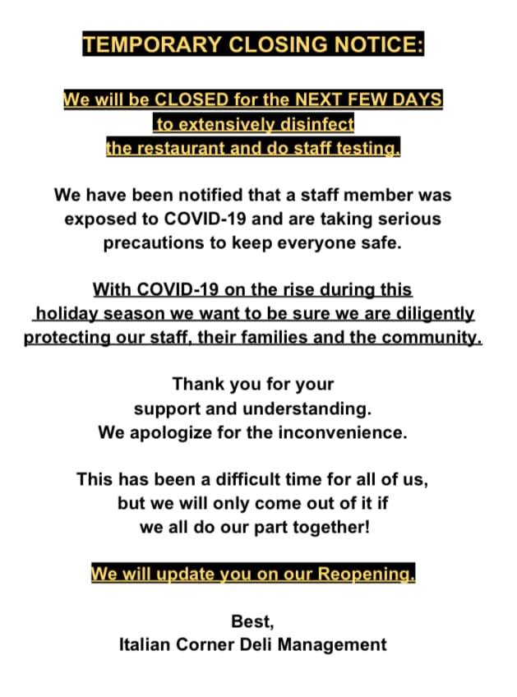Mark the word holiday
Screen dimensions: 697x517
pos(66,314)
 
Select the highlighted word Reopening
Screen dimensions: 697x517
pos(367,574)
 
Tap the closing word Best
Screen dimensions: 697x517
pos(251,621)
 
